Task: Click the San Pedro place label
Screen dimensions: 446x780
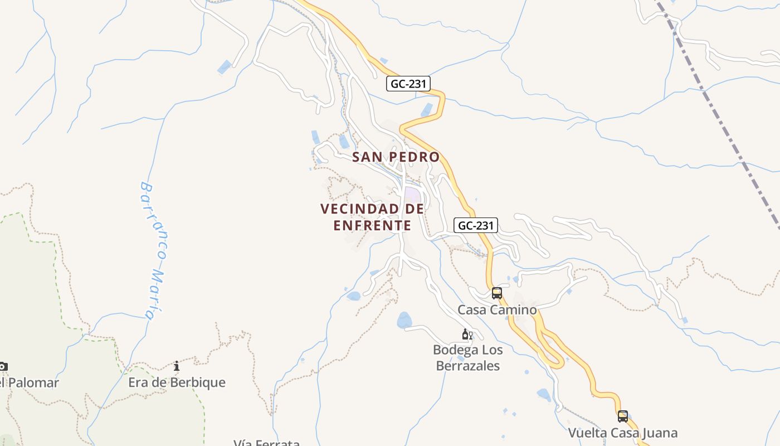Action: click(396, 157)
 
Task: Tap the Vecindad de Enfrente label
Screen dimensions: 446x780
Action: click(372, 217)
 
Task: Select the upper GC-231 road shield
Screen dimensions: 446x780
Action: click(409, 84)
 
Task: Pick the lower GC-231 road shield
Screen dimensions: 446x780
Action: click(476, 225)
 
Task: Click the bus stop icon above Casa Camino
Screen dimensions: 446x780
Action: click(496, 293)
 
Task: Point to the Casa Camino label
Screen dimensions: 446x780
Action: click(497, 310)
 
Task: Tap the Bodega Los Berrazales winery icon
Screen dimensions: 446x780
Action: click(467, 334)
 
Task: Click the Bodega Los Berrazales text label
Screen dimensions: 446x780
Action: click(467, 358)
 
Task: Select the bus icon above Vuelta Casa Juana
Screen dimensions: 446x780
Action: click(622, 416)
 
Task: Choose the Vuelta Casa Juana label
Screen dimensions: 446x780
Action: click(622, 433)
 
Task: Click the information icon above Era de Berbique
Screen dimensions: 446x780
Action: click(177, 366)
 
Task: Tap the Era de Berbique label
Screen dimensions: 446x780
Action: click(177, 382)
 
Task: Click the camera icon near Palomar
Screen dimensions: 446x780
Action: click(3, 366)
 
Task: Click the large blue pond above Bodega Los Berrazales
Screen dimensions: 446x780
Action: click(404, 320)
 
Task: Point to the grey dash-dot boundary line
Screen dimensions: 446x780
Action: click(724, 128)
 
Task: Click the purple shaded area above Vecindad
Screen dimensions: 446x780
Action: click(412, 195)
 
